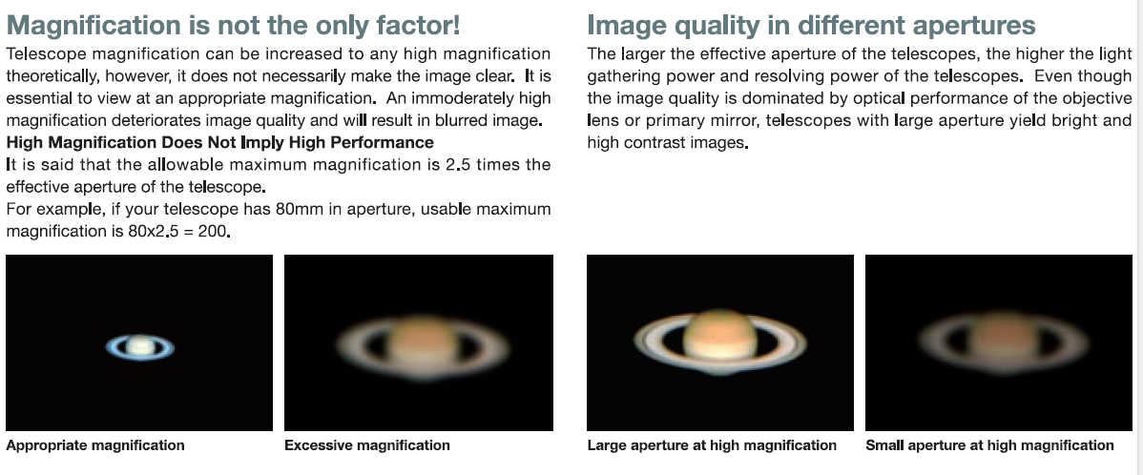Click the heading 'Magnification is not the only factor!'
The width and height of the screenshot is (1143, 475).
pyautogui.click(x=233, y=25)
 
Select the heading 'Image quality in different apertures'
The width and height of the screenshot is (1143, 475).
pyautogui.click(x=811, y=25)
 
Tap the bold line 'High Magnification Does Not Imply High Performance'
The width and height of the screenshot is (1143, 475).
pyautogui.click(x=219, y=142)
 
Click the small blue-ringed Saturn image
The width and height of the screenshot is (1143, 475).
pyautogui.click(x=140, y=347)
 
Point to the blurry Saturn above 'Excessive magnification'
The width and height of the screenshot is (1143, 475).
pyautogui.click(x=419, y=346)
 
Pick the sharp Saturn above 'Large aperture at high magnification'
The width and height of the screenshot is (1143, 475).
pyautogui.click(x=720, y=341)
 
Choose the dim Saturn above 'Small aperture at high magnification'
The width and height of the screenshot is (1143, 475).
pyautogui.click(x=999, y=344)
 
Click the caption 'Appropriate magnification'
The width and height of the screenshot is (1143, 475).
pyautogui.click(x=95, y=445)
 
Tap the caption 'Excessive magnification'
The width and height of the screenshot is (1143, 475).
pyautogui.click(x=367, y=445)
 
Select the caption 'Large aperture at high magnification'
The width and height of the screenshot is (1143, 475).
pyautogui.click(x=712, y=445)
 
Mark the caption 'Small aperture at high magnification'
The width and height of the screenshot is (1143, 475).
pyautogui.click(x=990, y=445)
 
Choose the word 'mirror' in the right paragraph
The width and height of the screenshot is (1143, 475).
pyautogui.click(x=745, y=121)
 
